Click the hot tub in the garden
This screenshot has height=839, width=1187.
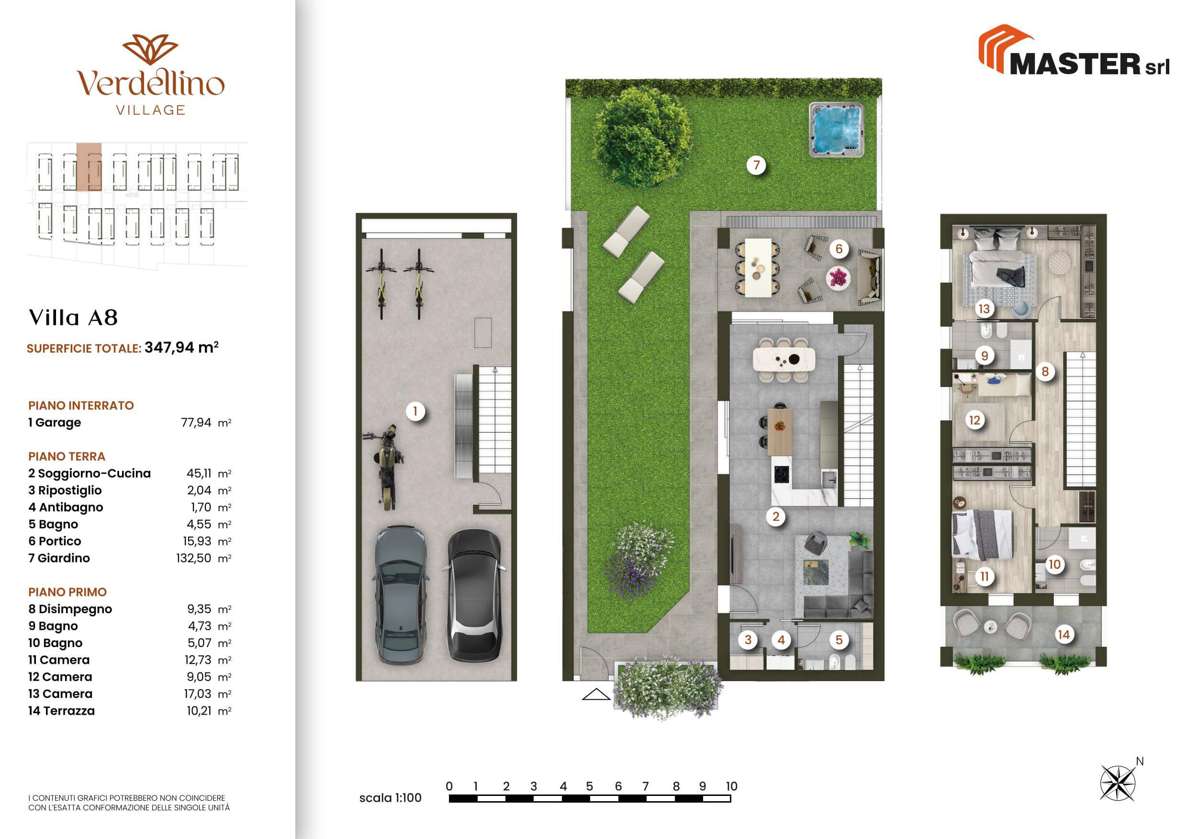point(836,129)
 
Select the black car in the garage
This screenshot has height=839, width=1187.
point(473,594)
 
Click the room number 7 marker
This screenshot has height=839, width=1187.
point(756,166)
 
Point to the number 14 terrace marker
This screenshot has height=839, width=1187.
point(1064,634)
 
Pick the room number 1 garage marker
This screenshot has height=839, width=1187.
point(414,412)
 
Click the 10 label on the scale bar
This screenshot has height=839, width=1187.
point(731,786)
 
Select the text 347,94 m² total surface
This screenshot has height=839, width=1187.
point(181,347)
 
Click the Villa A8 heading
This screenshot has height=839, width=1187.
point(73,317)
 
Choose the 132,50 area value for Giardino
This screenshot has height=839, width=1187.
point(193,559)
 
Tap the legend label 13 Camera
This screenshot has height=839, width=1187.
point(60,694)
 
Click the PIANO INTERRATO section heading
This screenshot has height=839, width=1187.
point(81,406)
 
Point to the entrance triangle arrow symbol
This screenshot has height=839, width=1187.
point(596,694)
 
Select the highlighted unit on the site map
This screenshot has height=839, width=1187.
point(89,168)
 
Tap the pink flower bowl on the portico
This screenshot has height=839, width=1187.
point(838,278)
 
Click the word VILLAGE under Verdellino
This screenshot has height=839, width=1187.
point(150,110)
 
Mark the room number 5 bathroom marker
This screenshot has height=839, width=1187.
point(839,639)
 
